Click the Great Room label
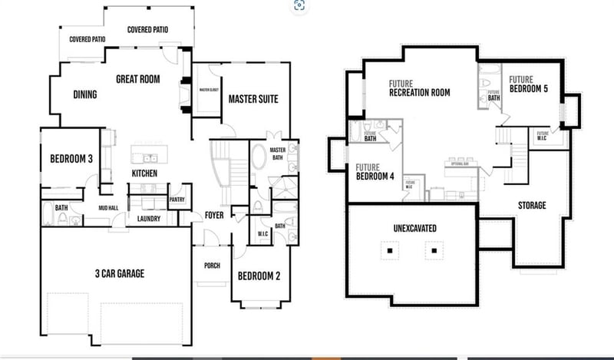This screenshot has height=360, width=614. tap(137, 78)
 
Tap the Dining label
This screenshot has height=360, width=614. tap(84, 95)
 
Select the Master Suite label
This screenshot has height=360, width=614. tap(253, 99)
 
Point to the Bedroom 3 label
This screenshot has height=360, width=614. tap(71, 159)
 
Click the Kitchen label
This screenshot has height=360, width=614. tap(144, 173)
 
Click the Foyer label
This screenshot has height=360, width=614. tap(214, 216)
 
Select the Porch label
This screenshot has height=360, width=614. tap(212, 266)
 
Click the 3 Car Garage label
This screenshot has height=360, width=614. tap(120, 273)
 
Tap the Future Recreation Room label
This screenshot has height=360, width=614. tap(419, 88)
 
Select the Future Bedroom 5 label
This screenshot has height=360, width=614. tap(529, 84)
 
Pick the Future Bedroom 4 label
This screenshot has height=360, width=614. tap(375, 171)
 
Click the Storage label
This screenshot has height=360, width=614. tap(531, 205)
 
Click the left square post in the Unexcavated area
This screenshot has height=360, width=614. tap(391, 250)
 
